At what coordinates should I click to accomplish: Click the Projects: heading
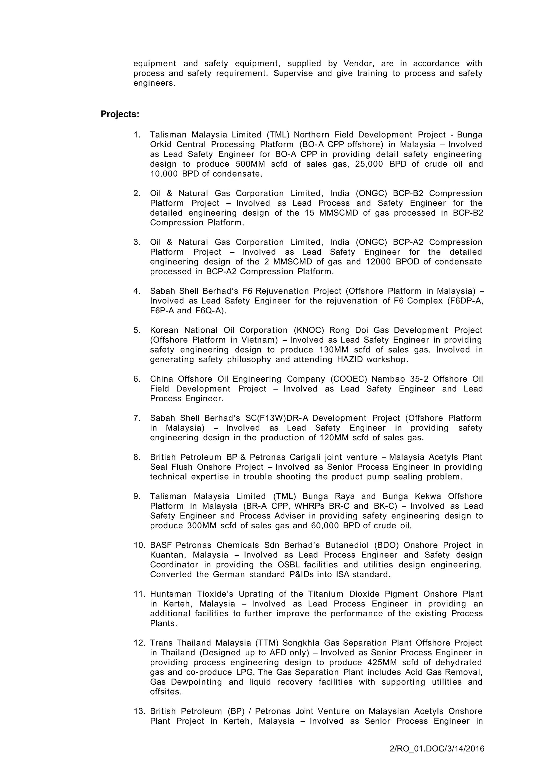point(120,114)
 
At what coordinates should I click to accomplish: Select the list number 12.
point(139,643)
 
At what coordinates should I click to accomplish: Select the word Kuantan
point(168,555)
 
